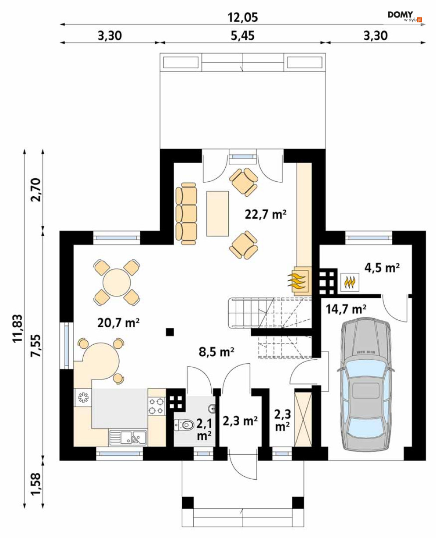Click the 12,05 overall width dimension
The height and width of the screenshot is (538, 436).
click(243, 17)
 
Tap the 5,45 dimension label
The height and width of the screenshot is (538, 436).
click(242, 35)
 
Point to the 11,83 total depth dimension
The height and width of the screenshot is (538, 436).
click(18, 328)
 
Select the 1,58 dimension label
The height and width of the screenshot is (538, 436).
click(35, 484)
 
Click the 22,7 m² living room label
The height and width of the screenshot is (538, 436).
click(266, 214)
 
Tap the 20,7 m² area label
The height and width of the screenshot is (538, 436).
click(118, 322)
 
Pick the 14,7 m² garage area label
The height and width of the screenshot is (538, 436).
click(346, 309)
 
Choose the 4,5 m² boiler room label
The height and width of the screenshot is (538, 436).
click(382, 268)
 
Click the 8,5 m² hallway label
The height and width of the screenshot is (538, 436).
click(216, 352)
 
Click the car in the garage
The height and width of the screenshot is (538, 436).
click(366, 385)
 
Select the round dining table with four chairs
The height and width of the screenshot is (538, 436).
click(117, 282)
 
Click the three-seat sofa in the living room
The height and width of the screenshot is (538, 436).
click(186, 213)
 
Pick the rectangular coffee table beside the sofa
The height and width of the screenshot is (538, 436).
click(217, 213)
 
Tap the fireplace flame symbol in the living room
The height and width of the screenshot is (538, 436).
click(297, 281)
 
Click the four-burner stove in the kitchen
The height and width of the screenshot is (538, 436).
click(156, 405)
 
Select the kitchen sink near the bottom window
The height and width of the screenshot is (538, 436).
click(128, 437)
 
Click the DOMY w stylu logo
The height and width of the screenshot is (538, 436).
click(405, 16)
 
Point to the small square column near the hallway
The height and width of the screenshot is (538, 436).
click(170, 332)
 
